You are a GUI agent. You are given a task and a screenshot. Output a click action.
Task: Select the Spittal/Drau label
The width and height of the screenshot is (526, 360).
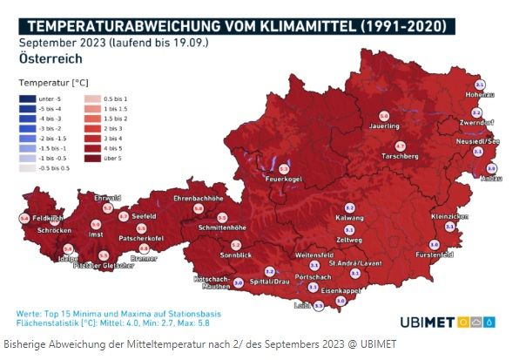pos(269,282)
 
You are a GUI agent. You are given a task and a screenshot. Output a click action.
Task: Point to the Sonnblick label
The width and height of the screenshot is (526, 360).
pos(235,257)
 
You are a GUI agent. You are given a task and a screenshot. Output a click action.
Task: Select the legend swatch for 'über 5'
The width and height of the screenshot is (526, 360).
pos(91,158)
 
